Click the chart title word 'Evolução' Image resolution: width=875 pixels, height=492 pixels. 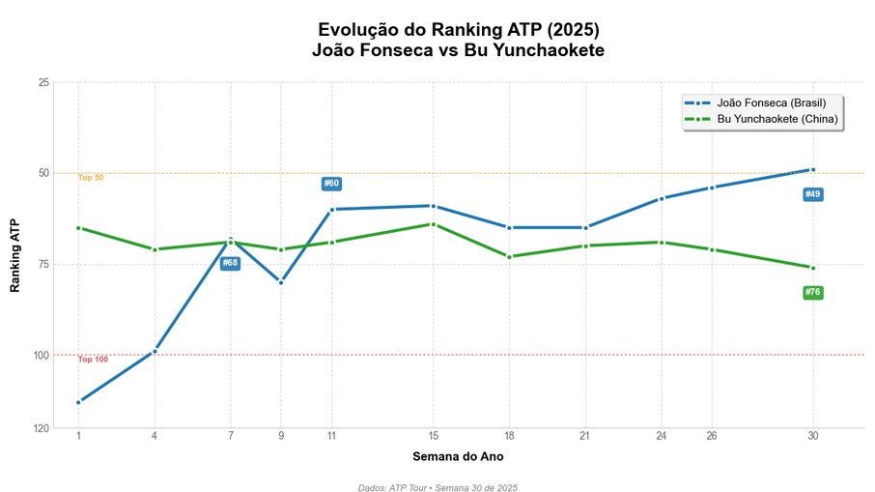[359, 30]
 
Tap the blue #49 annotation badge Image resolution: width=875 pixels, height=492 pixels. [812, 195]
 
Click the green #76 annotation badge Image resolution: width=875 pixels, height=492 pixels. [812, 293]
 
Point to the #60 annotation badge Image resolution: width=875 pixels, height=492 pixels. [331, 184]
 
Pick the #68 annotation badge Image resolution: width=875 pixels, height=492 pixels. [230, 263]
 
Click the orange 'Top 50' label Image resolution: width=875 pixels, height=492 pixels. [91, 178]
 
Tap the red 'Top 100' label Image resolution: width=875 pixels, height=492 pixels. [93, 360]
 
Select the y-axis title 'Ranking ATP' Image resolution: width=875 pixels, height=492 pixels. [14, 255]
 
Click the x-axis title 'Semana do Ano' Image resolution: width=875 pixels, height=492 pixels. [458, 456]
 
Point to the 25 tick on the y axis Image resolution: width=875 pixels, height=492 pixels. [43, 82]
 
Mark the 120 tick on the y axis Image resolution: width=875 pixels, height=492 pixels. [42, 427]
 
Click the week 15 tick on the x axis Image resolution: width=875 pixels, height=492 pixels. [433, 437]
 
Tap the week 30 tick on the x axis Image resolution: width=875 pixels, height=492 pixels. [812, 437]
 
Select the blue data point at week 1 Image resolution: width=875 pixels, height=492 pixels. [78, 402]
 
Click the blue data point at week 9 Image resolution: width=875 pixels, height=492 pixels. [281, 282]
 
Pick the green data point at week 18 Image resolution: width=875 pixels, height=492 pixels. [509, 257]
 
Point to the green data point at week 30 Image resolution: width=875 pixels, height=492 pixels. [812, 268]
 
